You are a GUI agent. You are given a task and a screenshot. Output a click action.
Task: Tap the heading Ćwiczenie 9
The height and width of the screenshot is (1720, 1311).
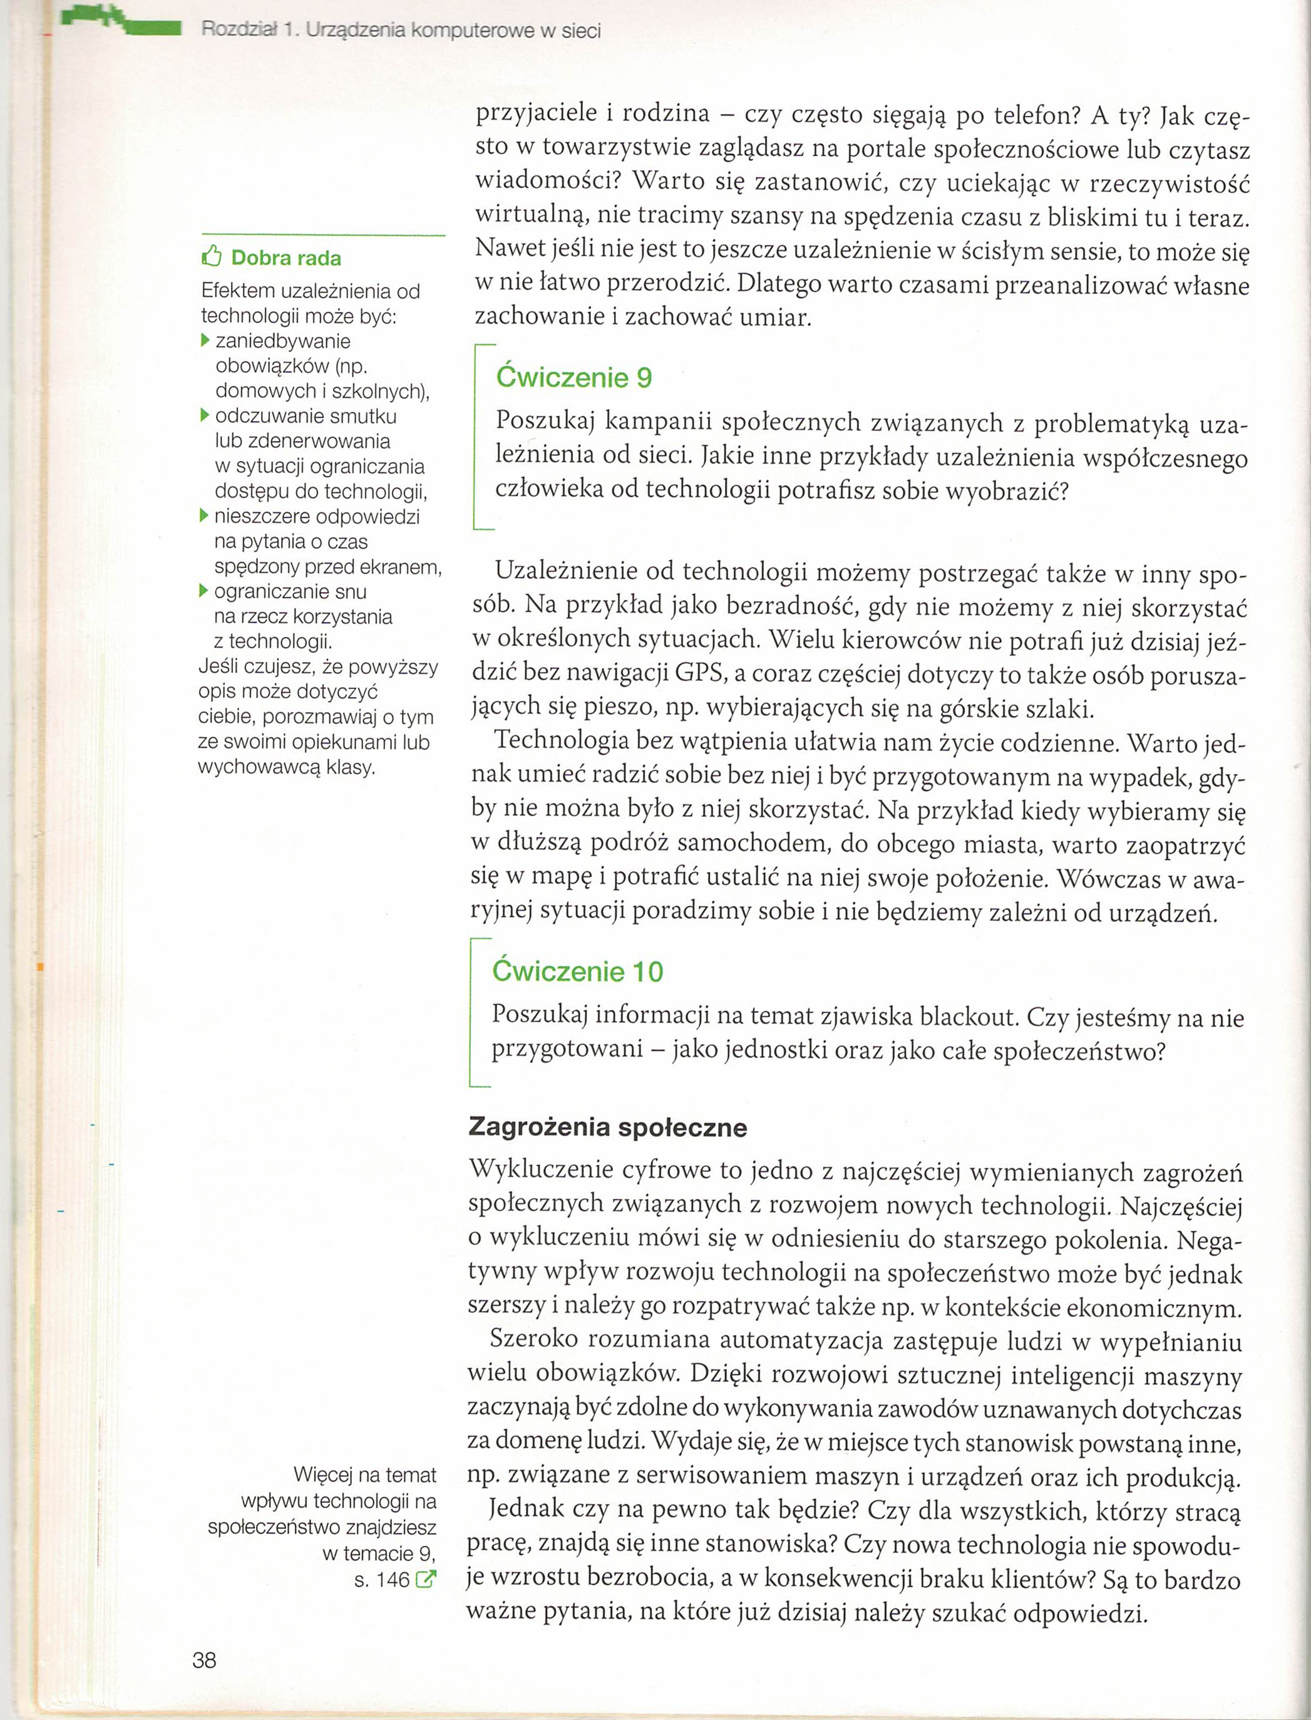point(573,378)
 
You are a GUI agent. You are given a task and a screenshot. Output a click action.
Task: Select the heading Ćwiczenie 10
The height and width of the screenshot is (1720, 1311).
point(577,971)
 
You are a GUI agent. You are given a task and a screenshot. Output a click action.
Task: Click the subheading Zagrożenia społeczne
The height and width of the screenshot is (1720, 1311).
point(607,1127)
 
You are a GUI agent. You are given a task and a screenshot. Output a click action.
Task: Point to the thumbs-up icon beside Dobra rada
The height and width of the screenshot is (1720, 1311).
point(212,257)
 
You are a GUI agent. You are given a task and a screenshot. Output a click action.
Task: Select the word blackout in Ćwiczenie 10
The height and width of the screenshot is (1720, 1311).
point(969,1017)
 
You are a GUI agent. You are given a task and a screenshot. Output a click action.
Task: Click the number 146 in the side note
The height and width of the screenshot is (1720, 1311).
point(393,1580)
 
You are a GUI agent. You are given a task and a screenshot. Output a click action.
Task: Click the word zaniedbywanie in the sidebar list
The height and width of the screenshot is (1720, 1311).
point(283,341)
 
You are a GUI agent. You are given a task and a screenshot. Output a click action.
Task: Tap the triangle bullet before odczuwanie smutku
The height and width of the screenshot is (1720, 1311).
point(205,415)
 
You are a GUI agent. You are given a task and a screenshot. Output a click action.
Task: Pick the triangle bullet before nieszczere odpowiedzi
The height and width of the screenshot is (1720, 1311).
point(205,515)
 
